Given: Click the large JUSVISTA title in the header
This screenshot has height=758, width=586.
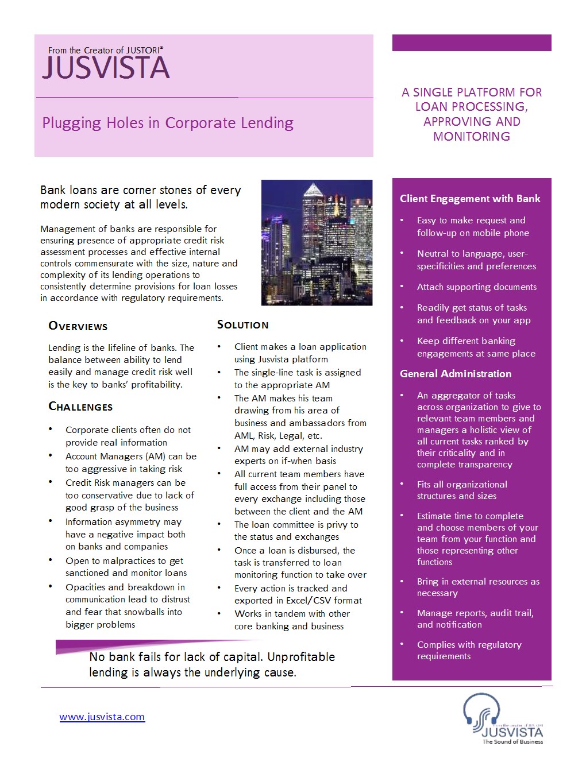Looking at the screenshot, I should click(x=106, y=68).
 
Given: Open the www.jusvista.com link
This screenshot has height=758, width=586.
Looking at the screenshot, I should click(x=102, y=717).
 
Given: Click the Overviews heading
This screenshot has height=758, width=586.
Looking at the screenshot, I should click(x=78, y=326).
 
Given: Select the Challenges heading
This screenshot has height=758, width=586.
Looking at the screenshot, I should click(x=80, y=407).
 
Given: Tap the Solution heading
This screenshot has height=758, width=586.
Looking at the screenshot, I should click(x=242, y=324).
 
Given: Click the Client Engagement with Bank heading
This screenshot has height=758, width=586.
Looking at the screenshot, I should click(x=470, y=199).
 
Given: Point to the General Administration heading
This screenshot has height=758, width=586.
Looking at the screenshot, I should click(x=456, y=374).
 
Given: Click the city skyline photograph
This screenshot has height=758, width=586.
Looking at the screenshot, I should click(x=317, y=242).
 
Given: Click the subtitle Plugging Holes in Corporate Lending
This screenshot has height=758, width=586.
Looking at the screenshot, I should click(x=168, y=123).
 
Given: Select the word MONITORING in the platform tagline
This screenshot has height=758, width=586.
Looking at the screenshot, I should click(x=472, y=137).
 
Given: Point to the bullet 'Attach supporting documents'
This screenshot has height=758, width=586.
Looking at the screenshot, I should click(x=477, y=287).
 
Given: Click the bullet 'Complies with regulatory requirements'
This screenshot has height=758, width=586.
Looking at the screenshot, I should click(x=469, y=650).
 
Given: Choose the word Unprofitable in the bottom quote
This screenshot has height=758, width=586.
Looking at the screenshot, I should click(x=302, y=657).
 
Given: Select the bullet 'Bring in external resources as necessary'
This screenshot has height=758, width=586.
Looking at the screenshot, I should click(x=478, y=587).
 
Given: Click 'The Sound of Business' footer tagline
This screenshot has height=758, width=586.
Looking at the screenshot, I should click(x=513, y=741).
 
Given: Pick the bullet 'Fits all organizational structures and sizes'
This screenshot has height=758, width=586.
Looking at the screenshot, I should click(x=462, y=490).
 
